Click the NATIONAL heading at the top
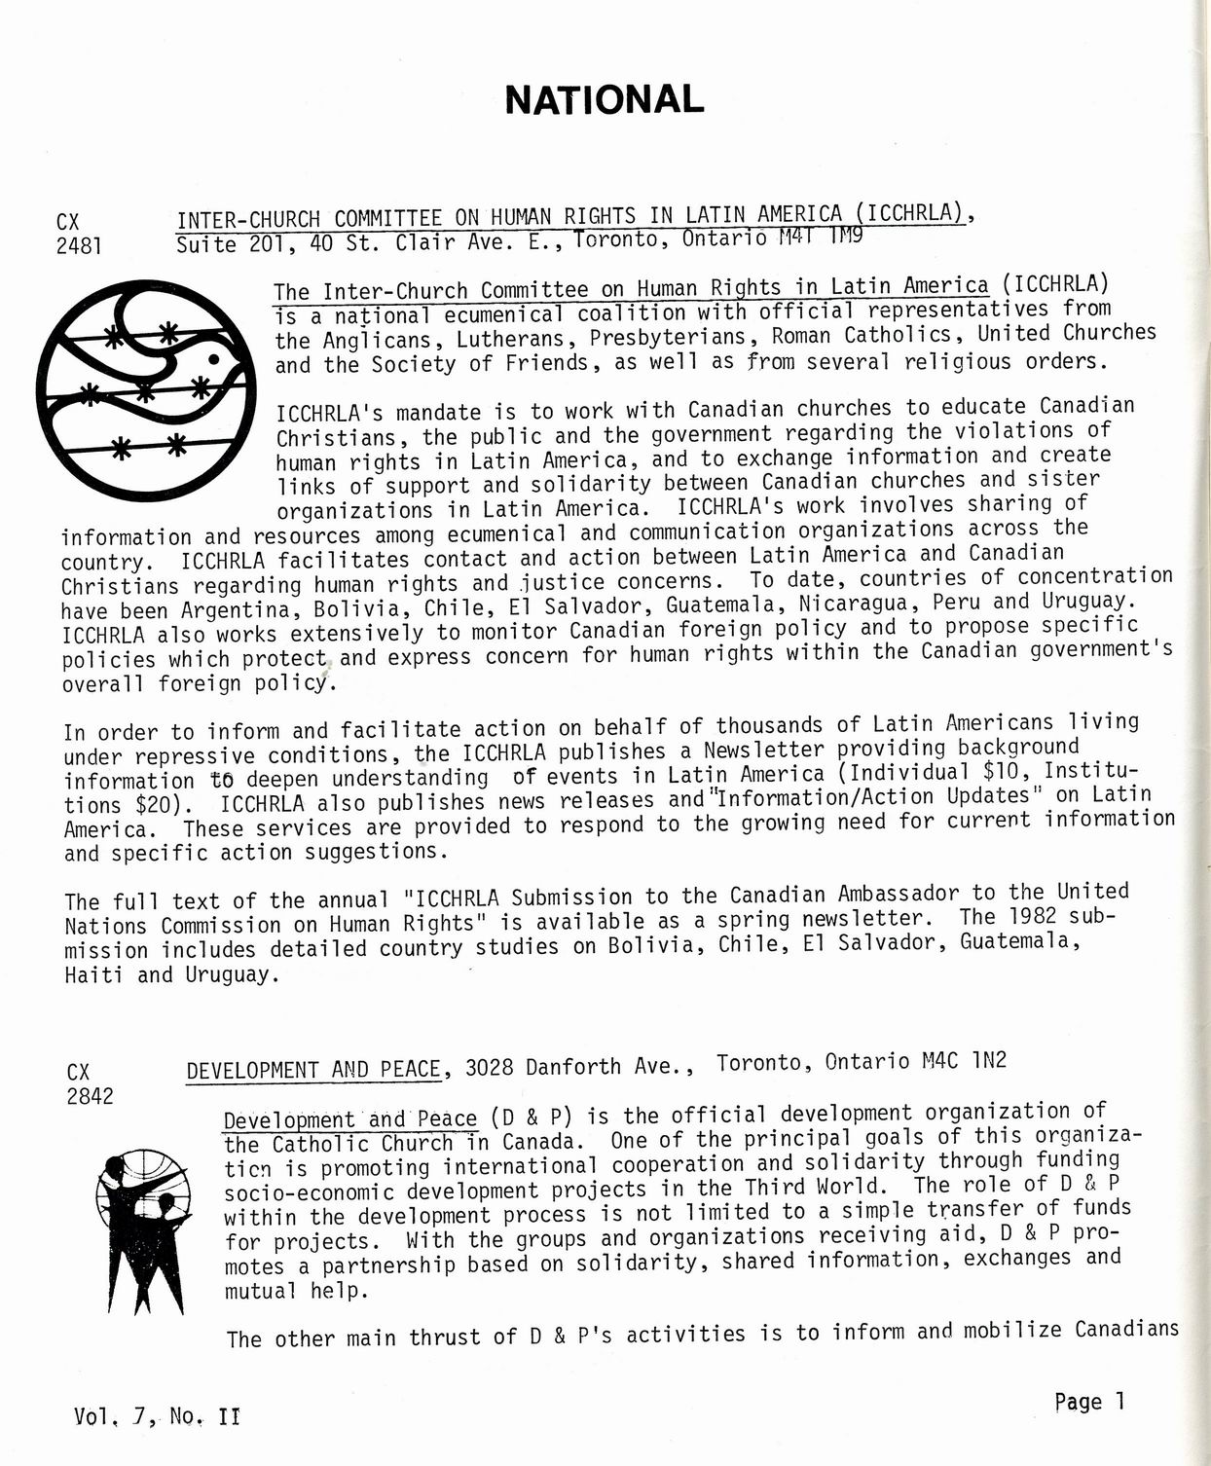[x=604, y=99]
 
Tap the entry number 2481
[x=79, y=245]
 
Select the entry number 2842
[x=90, y=1096]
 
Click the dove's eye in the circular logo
[x=214, y=359]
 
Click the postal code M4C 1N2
[x=964, y=1060]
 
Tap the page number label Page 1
[x=1089, y=1402]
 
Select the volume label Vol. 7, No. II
[x=156, y=1416]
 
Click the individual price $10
[x=1007, y=771]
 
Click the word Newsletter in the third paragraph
[x=764, y=750]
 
